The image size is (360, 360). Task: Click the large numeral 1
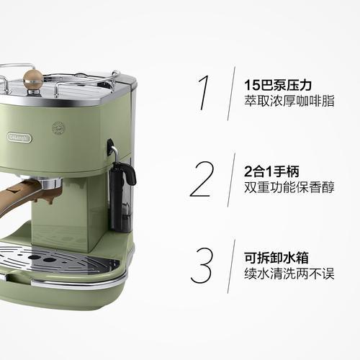click(x=204, y=93)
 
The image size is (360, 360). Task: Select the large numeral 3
click(x=202, y=266)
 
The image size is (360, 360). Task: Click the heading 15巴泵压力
click(x=278, y=85)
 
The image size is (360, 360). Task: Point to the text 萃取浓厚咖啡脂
click(x=289, y=101)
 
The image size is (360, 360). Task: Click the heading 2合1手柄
click(x=271, y=171)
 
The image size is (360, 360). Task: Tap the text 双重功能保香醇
click(x=289, y=187)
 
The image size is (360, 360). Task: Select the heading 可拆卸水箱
click(x=276, y=258)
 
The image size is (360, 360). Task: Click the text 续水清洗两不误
click(x=289, y=274)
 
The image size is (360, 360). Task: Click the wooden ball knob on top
click(x=33, y=79)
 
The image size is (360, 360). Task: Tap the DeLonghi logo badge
click(x=19, y=138)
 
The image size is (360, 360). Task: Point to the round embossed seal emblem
click(x=58, y=128)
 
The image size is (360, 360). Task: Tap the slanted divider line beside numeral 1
click(x=231, y=94)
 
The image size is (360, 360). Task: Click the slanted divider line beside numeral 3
click(x=231, y=266)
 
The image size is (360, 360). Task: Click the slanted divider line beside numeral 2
click(x=231, y=180)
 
